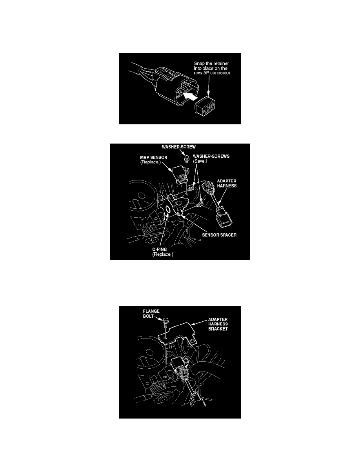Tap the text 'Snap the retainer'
(211, 63)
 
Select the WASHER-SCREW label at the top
(178, 147)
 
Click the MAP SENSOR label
(154, 158)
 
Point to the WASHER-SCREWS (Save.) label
(211, 159)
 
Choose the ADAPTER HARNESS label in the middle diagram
(227, 183)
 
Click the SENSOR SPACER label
(219, 235)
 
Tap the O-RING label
(159, 249)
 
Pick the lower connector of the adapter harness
(224, 216)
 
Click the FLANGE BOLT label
(151, 313)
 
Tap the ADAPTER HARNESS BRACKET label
(218, 324)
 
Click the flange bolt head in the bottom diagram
(165, 320)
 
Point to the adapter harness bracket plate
(178, 333)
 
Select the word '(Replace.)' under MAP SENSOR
(150, 162)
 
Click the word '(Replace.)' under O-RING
(162, 255)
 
